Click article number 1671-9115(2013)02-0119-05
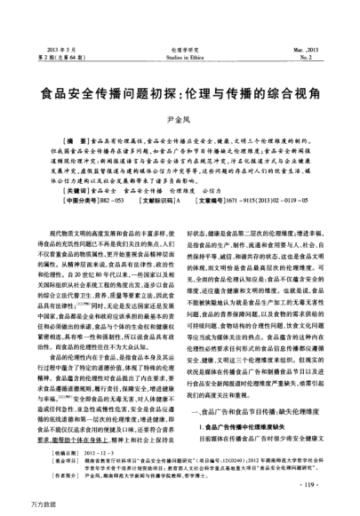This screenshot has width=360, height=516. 277,202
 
